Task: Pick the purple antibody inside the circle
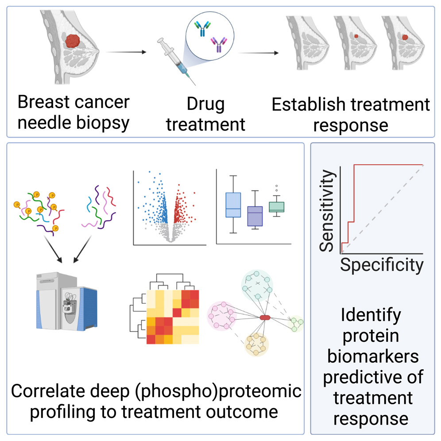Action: [x=219, y=44]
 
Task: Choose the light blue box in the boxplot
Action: [x=233, y=205]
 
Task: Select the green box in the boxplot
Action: [x=277, y=207]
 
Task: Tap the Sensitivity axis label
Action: [x=327, y=212]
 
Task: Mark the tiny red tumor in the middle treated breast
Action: [x=356, y=37]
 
